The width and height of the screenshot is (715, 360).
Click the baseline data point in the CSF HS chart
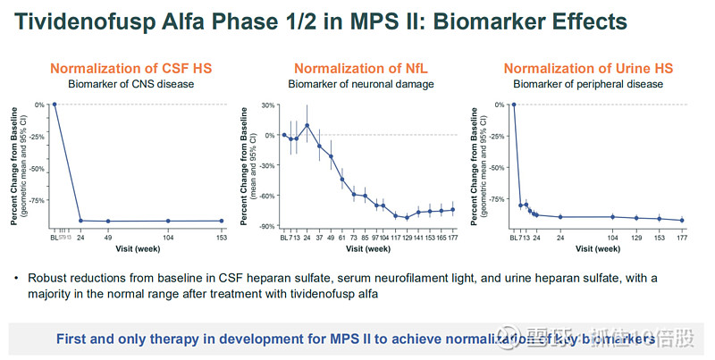click(x=55, y=105)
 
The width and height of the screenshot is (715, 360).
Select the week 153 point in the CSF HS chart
click(x=222, y=221)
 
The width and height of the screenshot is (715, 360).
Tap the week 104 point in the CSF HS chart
click(x=168, y=221)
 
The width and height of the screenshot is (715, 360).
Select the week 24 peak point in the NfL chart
click(x=307, y=125)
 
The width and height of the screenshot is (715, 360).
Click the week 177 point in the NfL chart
click(x=453, y=210)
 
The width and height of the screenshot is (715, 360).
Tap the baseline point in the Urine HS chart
click(x=513, y=105)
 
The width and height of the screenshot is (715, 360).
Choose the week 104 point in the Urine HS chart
click(x=612, y=217)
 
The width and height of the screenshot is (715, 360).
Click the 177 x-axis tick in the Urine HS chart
click(x=681, y=237)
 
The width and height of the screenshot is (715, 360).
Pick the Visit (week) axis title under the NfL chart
click(x=368, y=249)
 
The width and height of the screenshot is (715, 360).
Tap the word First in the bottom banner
click(x=73, y=339)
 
